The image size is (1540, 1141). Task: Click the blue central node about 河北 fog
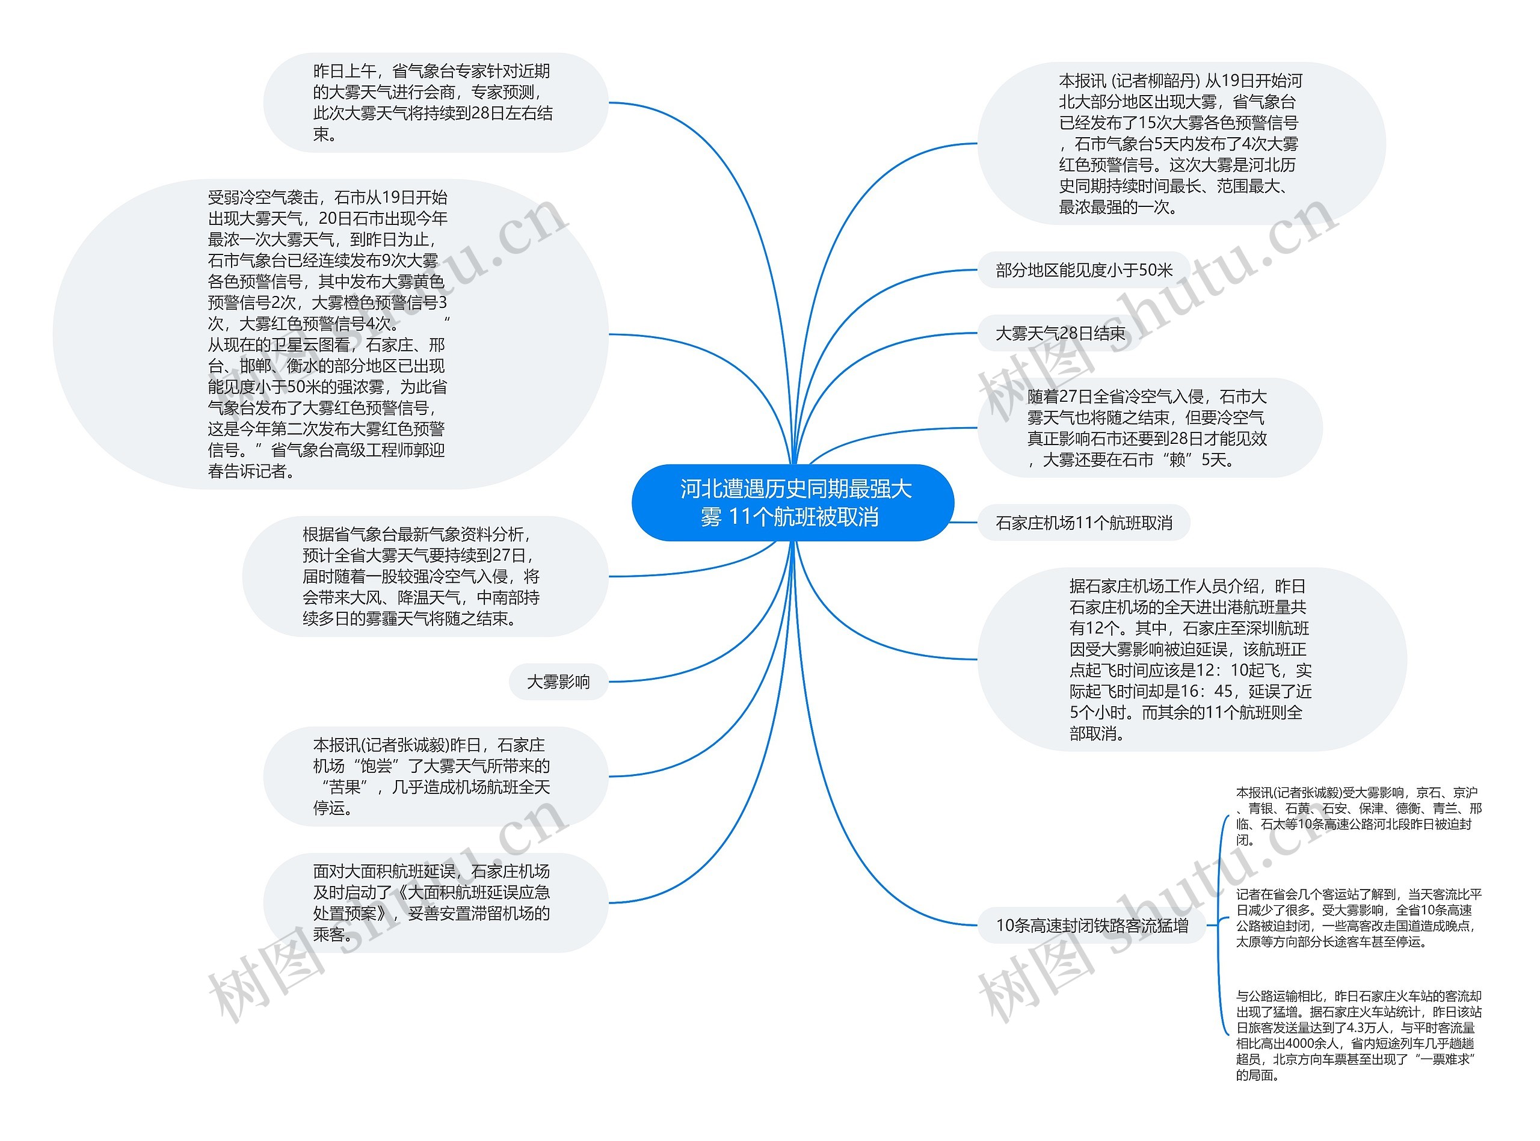point(793,503)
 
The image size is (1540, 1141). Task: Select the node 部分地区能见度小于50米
point(1083,270)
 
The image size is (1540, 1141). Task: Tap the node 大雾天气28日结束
point(1060,334)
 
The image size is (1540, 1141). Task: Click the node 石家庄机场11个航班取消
point(1083,523)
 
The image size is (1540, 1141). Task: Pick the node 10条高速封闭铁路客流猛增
point(1092,926)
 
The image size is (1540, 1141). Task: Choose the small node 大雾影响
point(558,681)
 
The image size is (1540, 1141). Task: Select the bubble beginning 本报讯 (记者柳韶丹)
point(1181,144)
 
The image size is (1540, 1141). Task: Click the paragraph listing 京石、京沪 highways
point(1358,816)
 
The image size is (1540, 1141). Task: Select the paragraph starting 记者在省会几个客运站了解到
point(1358,918)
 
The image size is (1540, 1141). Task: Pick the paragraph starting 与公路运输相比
point(1358,1035)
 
